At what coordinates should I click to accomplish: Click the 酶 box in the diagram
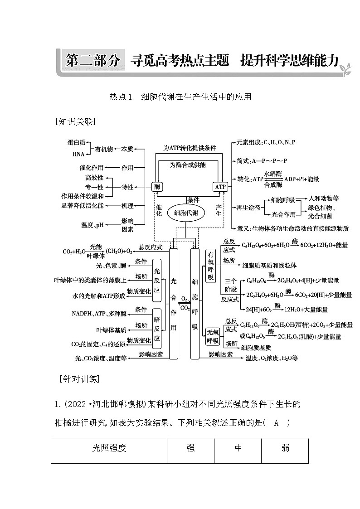click(157, 187)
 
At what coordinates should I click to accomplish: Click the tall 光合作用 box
click(173, 304)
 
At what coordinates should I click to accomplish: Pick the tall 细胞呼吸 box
click(195, 304)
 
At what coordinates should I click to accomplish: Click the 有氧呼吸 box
click(210, 266)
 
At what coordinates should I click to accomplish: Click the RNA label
click(78, 154)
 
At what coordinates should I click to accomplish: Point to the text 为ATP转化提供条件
click(190, 148)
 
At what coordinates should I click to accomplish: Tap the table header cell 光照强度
click(109, 448)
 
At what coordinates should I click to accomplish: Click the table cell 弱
click(285, 448)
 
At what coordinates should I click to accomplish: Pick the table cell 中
click(238, 448)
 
